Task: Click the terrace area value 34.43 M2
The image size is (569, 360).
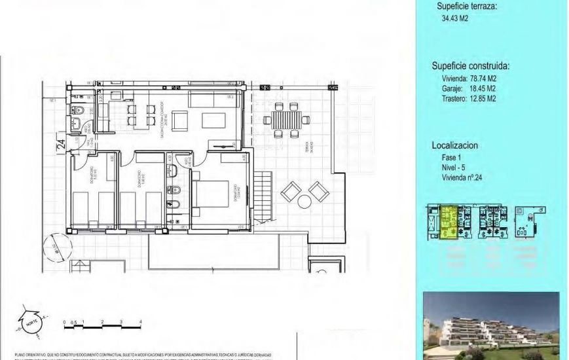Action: pos(455,19)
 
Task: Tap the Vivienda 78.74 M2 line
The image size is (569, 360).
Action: pos(469,79)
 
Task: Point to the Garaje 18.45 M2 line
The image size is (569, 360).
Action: pos(469,88)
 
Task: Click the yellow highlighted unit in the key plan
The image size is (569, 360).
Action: pos(449,222)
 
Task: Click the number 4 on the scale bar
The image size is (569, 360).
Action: pos(141,321)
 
